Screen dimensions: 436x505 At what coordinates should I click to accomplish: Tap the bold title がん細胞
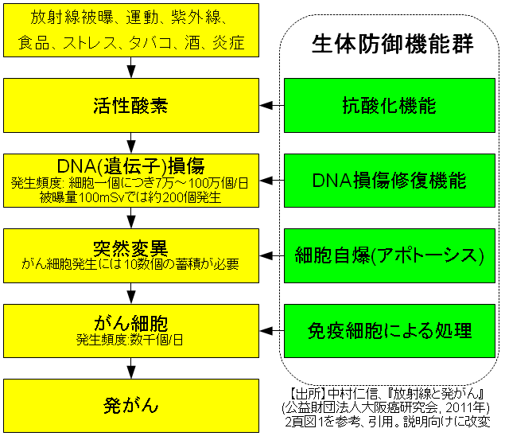(x=131, y=323)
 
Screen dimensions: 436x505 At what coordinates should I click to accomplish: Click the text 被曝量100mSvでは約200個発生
(x=131, y=197)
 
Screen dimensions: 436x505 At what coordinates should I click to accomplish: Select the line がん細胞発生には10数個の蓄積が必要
(x=131, y=263)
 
